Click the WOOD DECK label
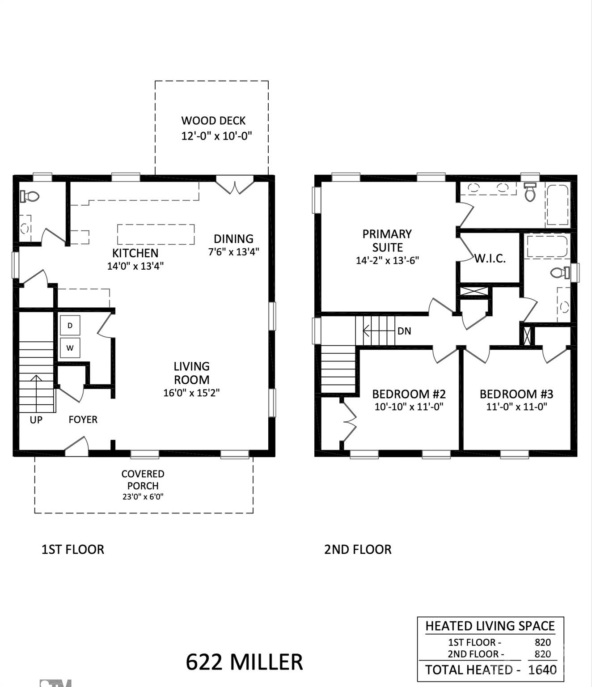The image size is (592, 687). [213, 121]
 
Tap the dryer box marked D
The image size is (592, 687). [70, 326]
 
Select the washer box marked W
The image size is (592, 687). [70, 348]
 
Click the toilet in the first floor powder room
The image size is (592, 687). [30, 196]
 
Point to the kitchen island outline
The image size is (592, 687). [156, 234]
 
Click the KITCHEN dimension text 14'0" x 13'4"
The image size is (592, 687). [135, 266]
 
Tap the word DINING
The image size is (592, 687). [233, 239]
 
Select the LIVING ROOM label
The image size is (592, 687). [191, 373]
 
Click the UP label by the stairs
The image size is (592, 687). [36, 420]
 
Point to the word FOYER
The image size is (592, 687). [83, 420]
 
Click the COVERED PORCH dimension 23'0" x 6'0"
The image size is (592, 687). [143, 496]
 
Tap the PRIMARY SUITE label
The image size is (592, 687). [387, 241]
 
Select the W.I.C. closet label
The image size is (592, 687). [490, 259]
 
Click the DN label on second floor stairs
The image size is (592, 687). [404, 331]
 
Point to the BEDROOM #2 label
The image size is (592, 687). [409, 394]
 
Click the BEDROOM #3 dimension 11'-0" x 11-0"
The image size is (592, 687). [516, 407]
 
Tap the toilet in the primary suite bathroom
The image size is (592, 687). [530, 192]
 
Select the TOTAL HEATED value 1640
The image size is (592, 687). [542, 670]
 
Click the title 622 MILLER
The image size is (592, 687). [244, 662]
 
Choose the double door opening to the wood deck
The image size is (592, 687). [235, 185]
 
